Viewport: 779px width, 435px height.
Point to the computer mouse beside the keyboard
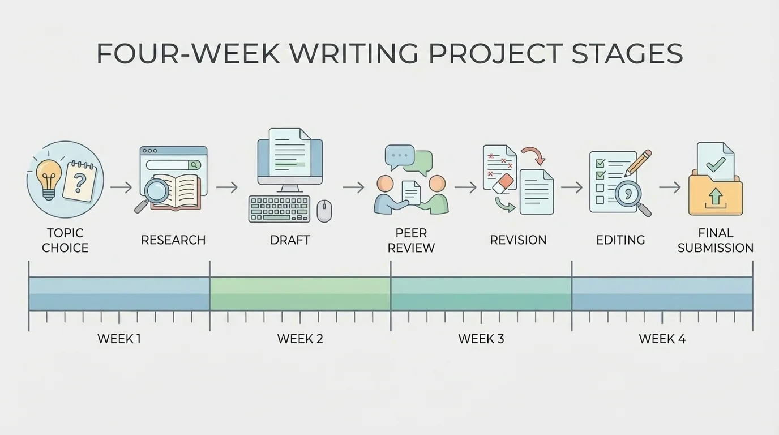pos(324,211)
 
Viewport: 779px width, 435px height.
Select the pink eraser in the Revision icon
pos(503,182)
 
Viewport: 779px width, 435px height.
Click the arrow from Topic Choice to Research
pos(121,187)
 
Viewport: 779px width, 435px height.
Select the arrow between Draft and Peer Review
pos(353,187)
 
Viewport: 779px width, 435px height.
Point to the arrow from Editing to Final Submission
pos(670,187)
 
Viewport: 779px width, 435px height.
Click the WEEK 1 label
pos(119,339)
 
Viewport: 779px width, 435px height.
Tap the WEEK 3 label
pos(481,339)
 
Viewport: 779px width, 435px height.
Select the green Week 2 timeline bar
pos(300,293)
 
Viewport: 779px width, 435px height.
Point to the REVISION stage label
pos(518,240)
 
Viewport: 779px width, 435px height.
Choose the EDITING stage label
pos(620,240)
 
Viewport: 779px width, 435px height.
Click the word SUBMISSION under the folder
pos(716,248)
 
